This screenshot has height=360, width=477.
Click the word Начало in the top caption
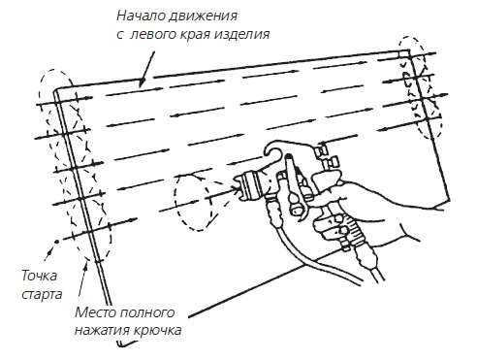pos(140,16)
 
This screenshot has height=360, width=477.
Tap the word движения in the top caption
pos(203,16)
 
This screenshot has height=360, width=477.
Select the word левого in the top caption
pos(153,34)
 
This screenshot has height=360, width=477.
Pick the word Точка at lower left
pos(39,276)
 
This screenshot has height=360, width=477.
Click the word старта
pos(42,295)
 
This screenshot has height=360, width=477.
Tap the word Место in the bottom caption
pos(95,312)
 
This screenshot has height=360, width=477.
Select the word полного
pos(147,312)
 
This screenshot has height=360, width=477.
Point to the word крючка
pos(158,331)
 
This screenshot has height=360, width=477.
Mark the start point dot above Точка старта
pos(55,242)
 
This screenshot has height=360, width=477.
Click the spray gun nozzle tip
pos(238,188)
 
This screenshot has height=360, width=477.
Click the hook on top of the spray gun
pos(274,149)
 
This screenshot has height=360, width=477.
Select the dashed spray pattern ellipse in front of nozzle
pos(192,202)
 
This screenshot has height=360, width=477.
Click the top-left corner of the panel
pos(54,90)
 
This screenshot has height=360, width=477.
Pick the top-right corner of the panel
pos(409,49)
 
